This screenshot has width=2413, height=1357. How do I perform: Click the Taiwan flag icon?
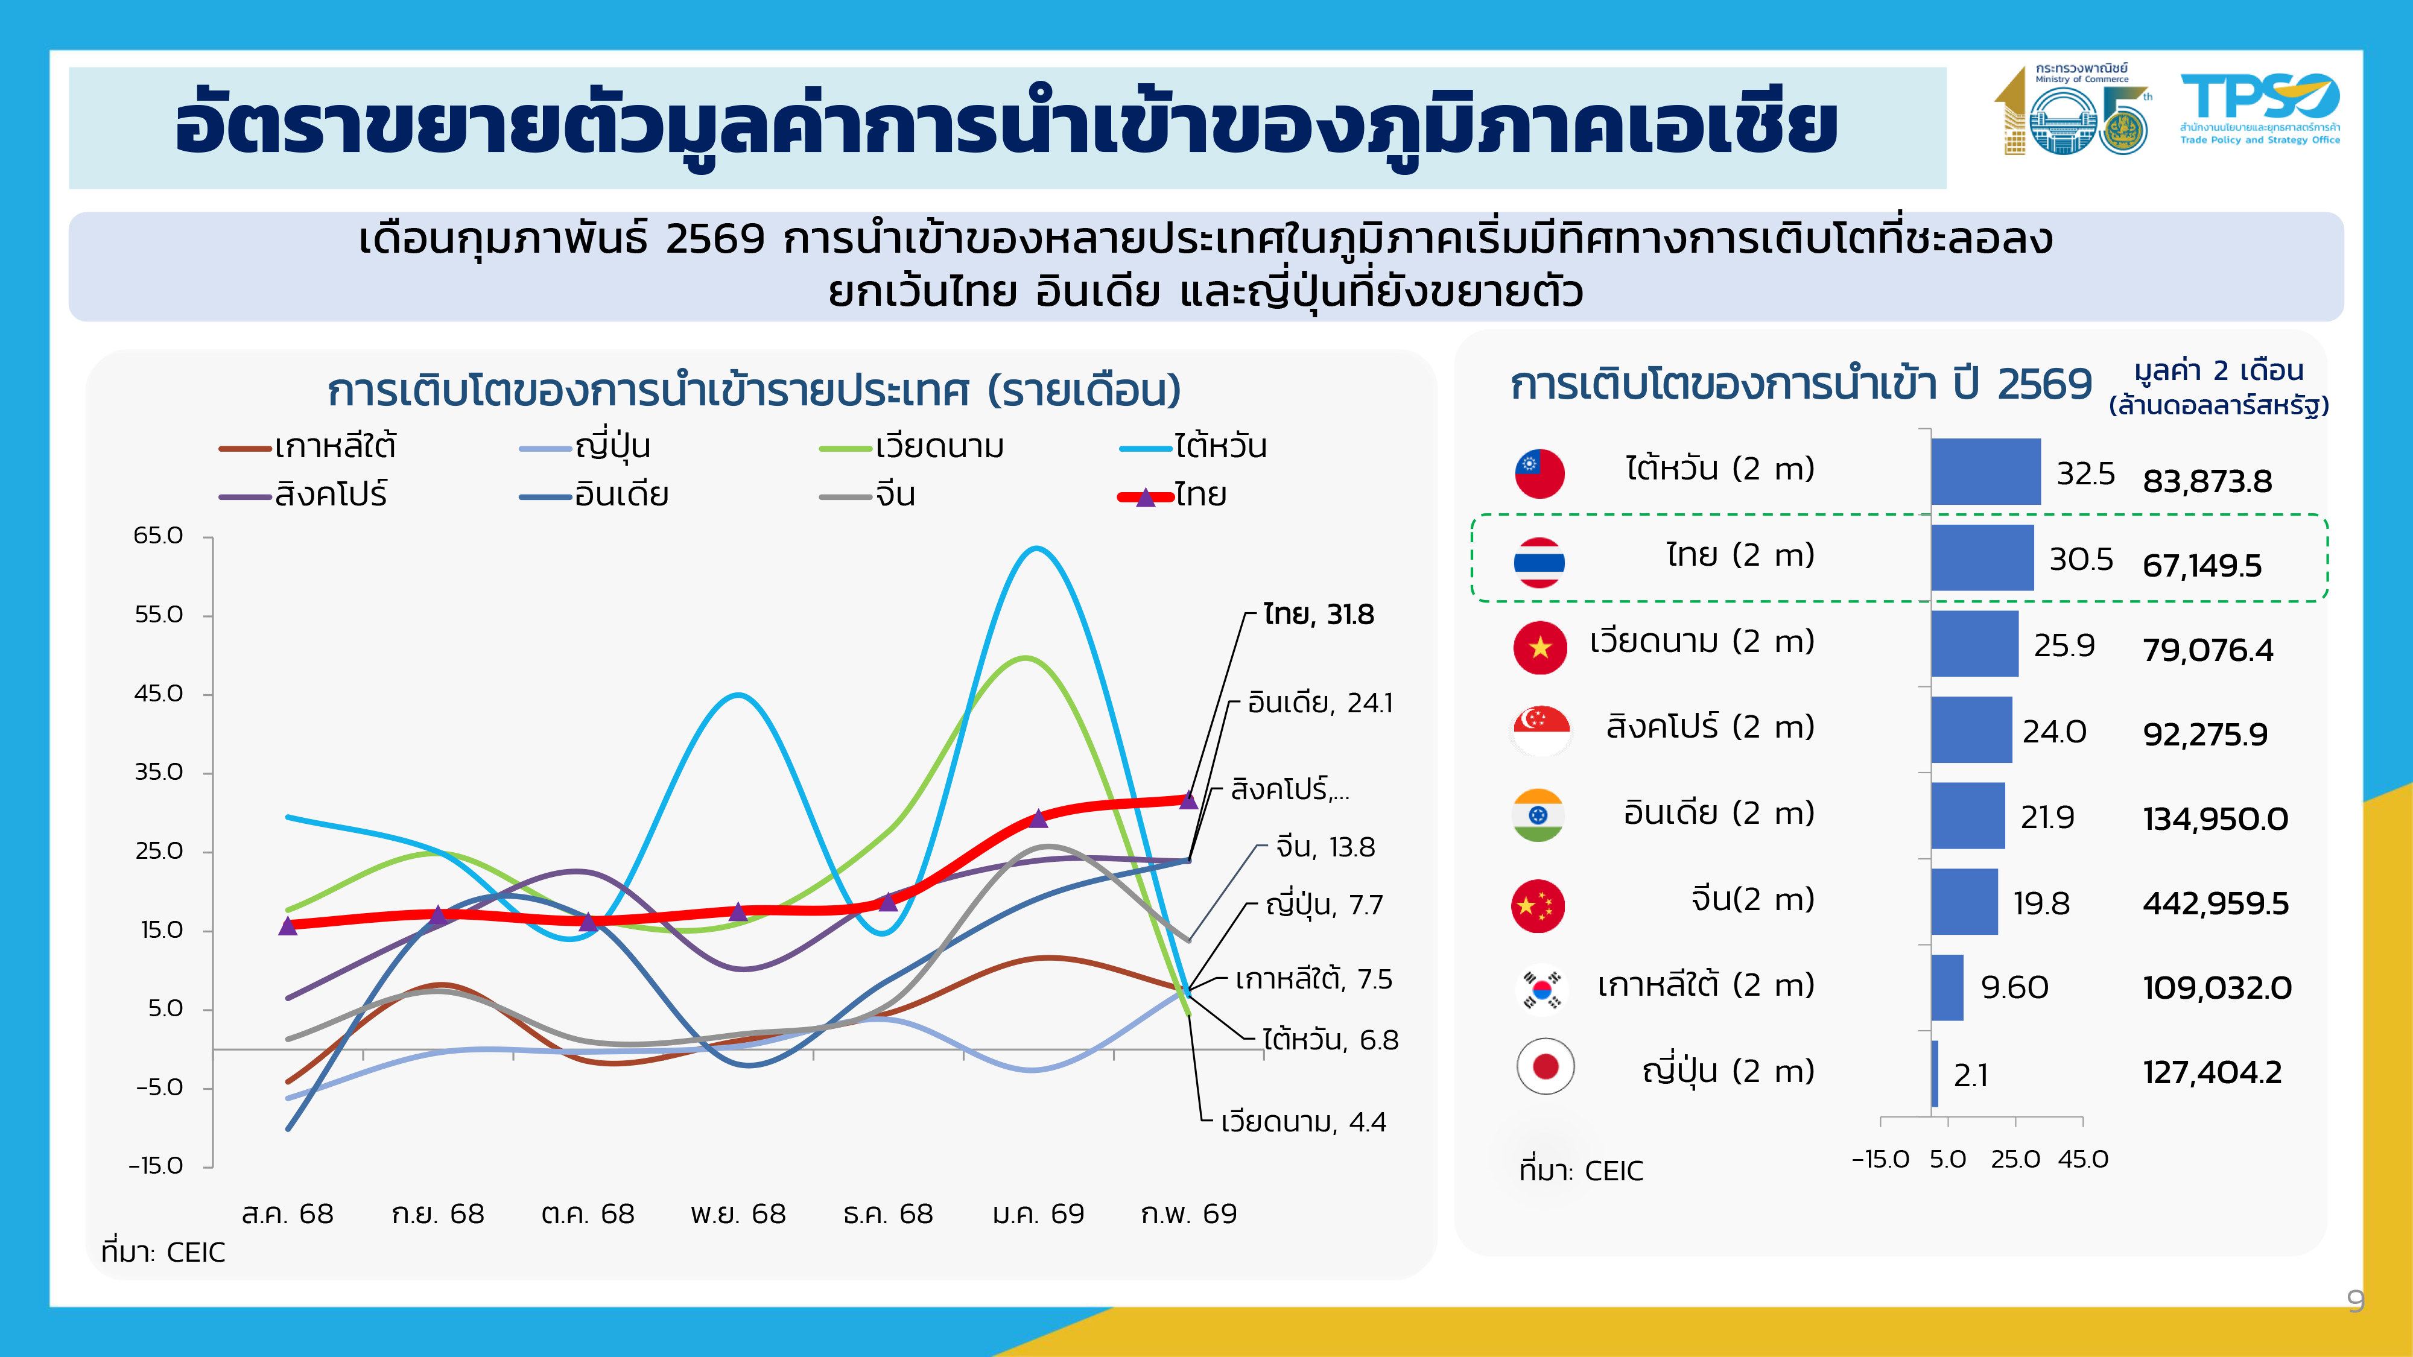[1539, 473]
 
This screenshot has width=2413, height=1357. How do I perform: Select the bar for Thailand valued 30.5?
[1981, 557]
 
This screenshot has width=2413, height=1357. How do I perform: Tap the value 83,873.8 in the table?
[2207, 481]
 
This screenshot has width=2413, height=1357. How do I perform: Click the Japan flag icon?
[1545, 1067]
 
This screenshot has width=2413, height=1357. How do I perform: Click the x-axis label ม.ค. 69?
[1038, 1213]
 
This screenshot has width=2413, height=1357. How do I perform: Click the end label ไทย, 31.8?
[1318, 615]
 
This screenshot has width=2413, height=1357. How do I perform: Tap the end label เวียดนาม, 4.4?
[1303, 1122]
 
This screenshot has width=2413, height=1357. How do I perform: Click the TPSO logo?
[2259, 109]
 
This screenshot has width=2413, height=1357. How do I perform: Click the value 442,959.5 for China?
[2215, 903]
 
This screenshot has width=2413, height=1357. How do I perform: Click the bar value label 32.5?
[2085, 474]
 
